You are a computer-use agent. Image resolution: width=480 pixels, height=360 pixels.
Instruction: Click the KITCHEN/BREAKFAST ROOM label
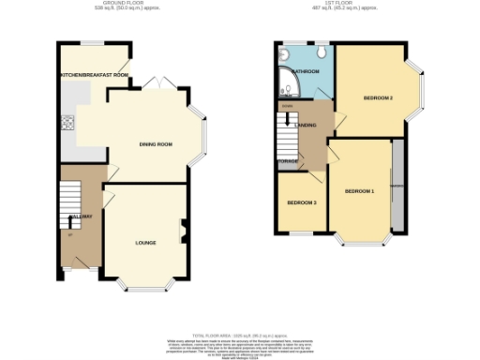tap(93, 74)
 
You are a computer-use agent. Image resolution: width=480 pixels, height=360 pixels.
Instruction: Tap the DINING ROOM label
tap(157, 144)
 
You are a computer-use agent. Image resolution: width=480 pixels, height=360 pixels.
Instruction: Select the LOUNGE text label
tap(145, 243)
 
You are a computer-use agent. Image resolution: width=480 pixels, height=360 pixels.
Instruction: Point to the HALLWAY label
tap(80, 217)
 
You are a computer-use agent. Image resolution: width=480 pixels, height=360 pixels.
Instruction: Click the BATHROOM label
tap(306, 71)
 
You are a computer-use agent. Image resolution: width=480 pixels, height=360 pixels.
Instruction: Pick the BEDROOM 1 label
tap(359, 191)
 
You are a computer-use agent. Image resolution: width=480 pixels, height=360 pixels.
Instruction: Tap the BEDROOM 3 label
tap(302, 202)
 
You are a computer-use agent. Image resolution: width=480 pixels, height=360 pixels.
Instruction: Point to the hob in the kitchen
tap(67, 122)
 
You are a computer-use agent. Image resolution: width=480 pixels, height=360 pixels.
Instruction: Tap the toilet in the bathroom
tap(321, 53)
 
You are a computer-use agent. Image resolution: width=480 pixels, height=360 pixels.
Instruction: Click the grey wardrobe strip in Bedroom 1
tap(399, 187)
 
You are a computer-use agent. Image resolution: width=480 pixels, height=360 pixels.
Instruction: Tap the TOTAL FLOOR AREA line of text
tap(239, 335)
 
